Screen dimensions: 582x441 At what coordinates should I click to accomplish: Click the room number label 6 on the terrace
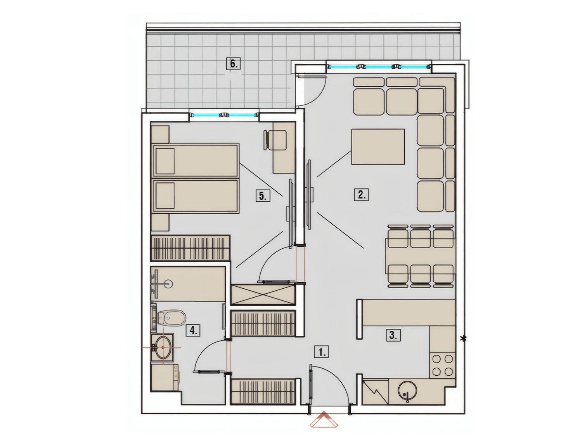click(234, 64)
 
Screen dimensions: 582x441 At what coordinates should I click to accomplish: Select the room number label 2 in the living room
click(362, 195)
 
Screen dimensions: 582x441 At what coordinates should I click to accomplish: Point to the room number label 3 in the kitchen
click(393, 335)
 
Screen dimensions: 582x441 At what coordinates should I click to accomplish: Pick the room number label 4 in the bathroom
click(194, 331)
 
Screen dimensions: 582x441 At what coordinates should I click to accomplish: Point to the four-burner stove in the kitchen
click(442, 365)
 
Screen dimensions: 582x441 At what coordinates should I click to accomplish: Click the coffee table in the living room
click(378, 146)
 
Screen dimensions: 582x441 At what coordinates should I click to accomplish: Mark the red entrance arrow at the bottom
click(324, 419)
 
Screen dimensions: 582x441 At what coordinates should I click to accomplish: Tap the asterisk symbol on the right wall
click(464, 338)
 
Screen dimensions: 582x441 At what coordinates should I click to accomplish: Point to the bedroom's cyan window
click(224, 115)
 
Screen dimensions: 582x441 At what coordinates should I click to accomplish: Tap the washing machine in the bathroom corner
click(165, 377)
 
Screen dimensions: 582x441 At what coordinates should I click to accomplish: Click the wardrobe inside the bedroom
click(190, 248)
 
